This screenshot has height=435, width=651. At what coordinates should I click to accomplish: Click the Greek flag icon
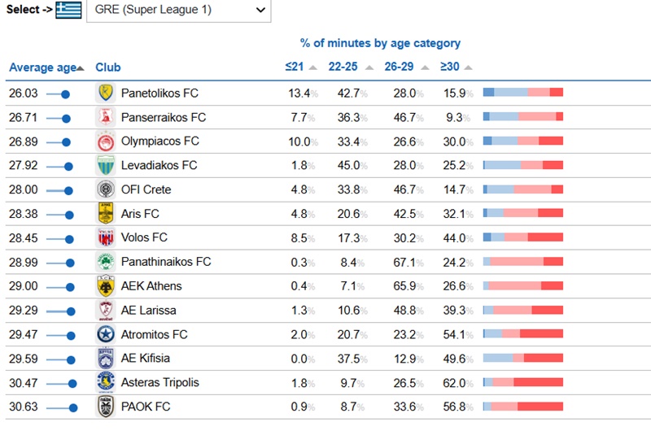pyautogui.click(x=68, y=11)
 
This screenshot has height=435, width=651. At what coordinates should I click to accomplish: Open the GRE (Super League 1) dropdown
pyautogui.click(x=177, y=11)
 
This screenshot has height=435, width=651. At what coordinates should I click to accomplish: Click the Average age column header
pyautogui.click(x=43, y=67)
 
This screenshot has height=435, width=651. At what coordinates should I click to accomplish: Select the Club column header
pyautogui.click(x=108, y=67)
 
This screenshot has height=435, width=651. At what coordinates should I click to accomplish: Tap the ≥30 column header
pyautogui.click(x=450, y=67)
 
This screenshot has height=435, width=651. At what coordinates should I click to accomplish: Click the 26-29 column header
pyautogui.click(x=399, y=67)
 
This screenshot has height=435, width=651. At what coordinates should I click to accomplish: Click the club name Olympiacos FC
pyautogui.click(x=159, y=141)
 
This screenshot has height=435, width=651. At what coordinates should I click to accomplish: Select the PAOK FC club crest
pyautogui.click(x=106, y=407)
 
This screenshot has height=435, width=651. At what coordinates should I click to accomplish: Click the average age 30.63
pyautogui.click(x=24, y=407)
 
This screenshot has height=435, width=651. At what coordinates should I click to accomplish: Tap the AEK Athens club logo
pyautogui.click(x=106, y=286)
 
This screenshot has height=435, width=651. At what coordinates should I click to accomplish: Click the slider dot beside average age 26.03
pyautogui.click(x=66, y=94)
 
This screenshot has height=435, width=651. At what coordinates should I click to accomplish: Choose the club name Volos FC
pyautogui.click(x=144, y=238)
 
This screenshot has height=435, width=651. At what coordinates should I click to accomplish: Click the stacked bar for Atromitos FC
pyautogui.click(x=523, y=334)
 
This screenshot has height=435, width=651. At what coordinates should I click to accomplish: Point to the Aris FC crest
pyautogui.click(x=106, y=214)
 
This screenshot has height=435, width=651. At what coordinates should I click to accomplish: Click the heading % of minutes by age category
pyautogui.click(x=380, y=43)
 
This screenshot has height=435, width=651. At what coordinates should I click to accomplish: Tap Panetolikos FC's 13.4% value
pyautogui.click(x=299, y=94)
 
